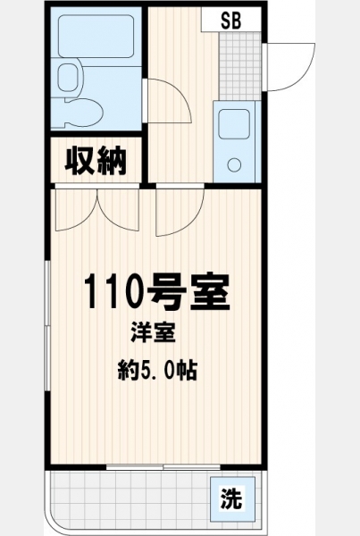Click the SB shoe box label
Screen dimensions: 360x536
click(x=231, y=21)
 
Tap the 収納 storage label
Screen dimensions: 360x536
click(x=96, y=161)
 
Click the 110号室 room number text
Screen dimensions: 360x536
click(x=156, y=291)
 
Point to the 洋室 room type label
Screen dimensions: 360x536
click(x=154, y=332)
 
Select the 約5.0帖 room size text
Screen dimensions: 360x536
click(x=157, y=371)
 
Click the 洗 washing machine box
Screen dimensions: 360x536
click(x=232, y=498)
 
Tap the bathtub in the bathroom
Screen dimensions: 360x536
click(x=96, y=36)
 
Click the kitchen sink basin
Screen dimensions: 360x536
click(x=234, y=124)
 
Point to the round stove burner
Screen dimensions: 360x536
click(x=235, y=165)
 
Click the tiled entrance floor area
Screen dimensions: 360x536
click(x=240, y=65)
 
